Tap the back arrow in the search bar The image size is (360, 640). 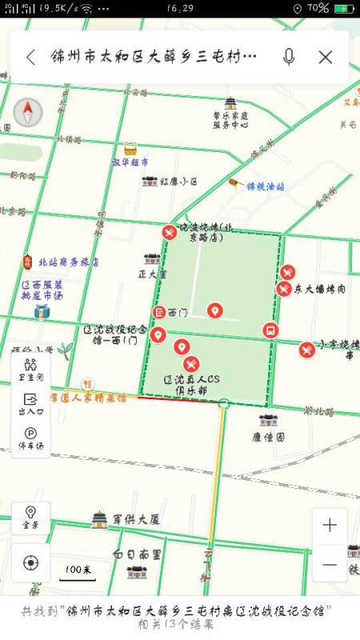tap(30, 57)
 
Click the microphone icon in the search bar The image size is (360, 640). tap(289, 57)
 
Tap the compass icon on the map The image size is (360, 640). tap(28, 113)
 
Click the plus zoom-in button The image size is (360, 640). tap(330, 526)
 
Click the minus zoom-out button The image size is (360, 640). tap(330, 563)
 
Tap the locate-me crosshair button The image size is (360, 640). tap(30, 562)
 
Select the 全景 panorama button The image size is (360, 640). tap(30, 518)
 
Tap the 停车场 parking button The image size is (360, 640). tap(30, 438)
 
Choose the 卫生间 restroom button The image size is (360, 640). tap(30, 369)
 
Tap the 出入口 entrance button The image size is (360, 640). tap(30, 403)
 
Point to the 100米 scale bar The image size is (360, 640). tap(77, 572)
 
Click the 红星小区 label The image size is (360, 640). tap(178, 182)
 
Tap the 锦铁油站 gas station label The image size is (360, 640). tap(265, 186)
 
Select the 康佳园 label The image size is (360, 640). tap(269, 438)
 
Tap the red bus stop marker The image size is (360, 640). tap(271, 330)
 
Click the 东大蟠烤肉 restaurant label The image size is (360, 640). tap(319, 289)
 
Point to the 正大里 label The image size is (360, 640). tap(152, 274)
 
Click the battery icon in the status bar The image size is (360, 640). tap(343, 8)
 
